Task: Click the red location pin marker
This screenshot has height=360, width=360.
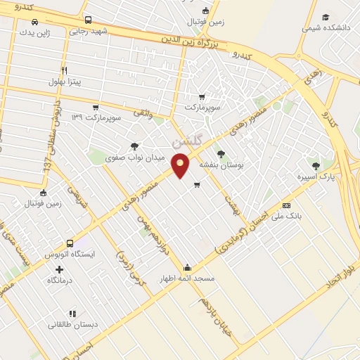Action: click(x=181, y=165)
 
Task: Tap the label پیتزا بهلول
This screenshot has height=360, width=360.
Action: click(x=65, y=82)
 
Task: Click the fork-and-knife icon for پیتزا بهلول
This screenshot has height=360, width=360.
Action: click(x=64, y=70)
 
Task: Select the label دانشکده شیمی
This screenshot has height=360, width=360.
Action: click(x=325, y=29)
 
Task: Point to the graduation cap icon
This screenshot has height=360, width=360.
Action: click(x=325, y=18)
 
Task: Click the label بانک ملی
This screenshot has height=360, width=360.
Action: click(x=287, y=217)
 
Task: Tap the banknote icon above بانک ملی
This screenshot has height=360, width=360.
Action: click(x=286, y=205)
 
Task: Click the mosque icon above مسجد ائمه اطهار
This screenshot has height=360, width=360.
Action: click(x=187, y=267)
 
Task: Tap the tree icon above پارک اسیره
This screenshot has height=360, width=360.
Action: click(x=316, y=166)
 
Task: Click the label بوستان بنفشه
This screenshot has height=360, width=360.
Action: click(x=221, y=165)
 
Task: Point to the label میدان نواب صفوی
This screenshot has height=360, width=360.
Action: click(x=135, y=157)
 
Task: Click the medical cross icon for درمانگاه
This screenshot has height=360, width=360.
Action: click(x=59, y=269)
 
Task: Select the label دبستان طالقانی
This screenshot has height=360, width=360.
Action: click(x=71, y=325)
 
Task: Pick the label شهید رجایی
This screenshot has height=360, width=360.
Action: click(x=87, y=31)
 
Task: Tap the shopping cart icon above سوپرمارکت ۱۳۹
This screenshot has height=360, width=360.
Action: click(x=95, y=107)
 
